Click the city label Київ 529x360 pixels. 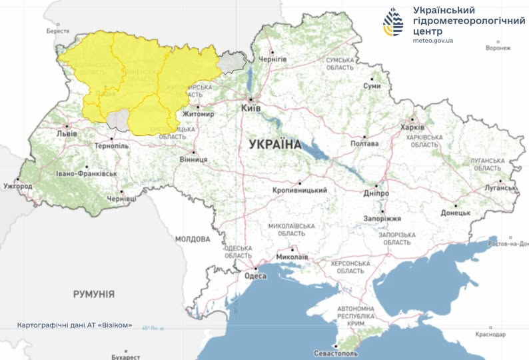click(x=251, y=107)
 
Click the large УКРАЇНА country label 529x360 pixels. click(x=275, y=144)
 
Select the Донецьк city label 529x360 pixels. click(x=456, y=213)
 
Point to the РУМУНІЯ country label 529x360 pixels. click(x=94, y=294)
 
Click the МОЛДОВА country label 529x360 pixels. click(x=193, y=238)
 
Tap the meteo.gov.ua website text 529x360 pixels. click(x=433, y=41)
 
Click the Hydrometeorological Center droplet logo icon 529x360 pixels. click(x=393, y=23)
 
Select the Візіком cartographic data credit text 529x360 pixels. click(x=75, y=326)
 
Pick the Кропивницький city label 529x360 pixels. click(x=300, y=190)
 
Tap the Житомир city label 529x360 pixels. click(x=200, y=114)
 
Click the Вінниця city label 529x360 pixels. click(x=193, y=160)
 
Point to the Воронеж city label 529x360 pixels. click(x=498, y=48)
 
